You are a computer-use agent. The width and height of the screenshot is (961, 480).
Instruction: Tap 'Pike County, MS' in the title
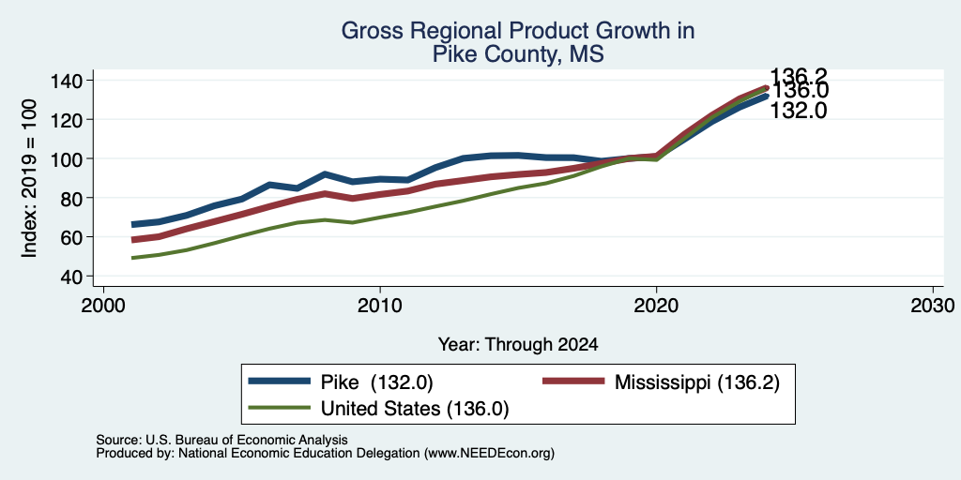[x=518, y=54]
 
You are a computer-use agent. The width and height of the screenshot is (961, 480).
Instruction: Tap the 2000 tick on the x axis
[x=103, y=305]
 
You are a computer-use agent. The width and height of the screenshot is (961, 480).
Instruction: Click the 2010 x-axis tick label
[x=380, y=305]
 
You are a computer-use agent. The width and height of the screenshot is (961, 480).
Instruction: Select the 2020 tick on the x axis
[x=656, y=305]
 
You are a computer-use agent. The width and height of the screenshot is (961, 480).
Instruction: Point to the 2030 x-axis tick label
[x=933, y=305]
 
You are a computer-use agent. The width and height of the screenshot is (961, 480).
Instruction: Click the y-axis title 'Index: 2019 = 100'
[x=29, y=178]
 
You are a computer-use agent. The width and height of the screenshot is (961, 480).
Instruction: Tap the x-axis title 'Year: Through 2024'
[x=518, y=345]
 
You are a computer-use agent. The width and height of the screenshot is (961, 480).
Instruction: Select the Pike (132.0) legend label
[x=377, y=382]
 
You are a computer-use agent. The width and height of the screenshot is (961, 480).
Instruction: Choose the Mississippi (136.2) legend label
[x=697, y=382]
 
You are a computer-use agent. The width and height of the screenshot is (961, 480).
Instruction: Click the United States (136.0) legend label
[x=415, y=409]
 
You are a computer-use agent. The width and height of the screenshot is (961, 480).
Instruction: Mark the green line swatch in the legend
[x=279, y=408]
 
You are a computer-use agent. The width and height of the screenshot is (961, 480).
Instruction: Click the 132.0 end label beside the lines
[x=799, y=111]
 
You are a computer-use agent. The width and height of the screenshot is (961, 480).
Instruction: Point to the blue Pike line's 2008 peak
[x=325, y=173]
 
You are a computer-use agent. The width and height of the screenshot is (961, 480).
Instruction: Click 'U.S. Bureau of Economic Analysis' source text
[x=247, y=440]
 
